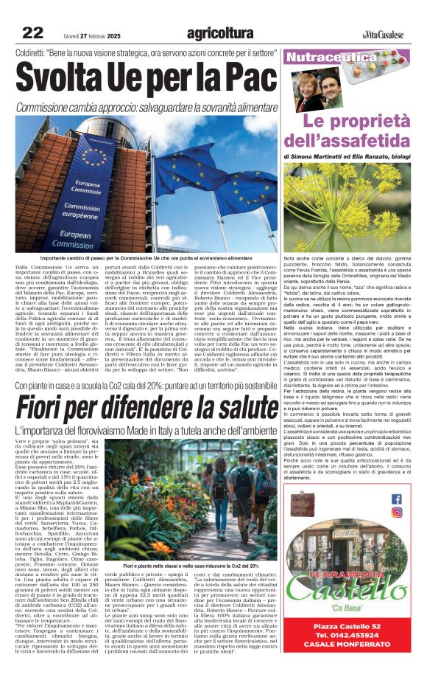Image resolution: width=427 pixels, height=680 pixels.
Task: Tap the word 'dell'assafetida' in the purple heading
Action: click(x=353, y=139)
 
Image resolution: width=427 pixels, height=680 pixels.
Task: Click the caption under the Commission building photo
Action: click(x=145, y=258)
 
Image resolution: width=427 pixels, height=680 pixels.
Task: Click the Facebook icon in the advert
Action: click(x=397, y=499)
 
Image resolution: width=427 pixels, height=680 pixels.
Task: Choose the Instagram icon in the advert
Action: click(x=397, y=513)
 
